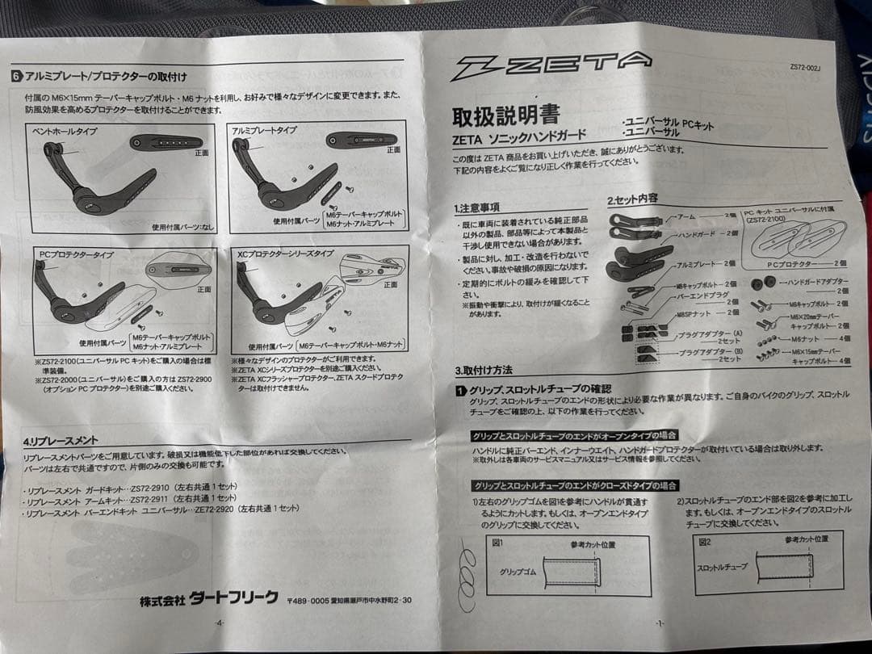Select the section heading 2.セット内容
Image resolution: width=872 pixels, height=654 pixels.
[x=634, y=199]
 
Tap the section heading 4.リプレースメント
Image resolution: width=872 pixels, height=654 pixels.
[x=61, y=440]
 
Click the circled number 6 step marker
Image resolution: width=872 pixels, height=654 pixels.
[x=17, y=77]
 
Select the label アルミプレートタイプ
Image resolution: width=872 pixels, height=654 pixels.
[x=264, y=129]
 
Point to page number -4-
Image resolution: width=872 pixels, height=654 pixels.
[x=219, y=623]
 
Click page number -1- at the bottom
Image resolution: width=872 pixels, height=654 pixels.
[x=660, y=623]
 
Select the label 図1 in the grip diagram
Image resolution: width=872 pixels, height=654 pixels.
[x=497, y=543]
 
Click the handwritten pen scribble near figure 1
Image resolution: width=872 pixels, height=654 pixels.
[x=467, y=575]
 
